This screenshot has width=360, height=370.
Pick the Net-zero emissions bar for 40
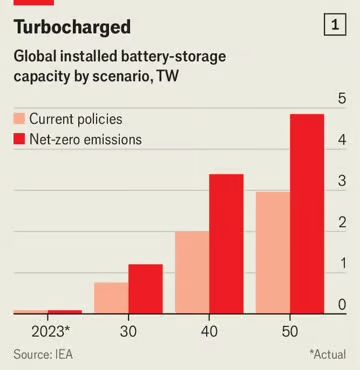[225, 244]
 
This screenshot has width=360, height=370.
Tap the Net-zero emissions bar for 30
[146, 289]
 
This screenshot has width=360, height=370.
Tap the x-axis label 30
[130, 330]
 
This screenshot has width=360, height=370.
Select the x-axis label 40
[209, 330]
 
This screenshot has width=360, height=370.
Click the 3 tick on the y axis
[342, 181]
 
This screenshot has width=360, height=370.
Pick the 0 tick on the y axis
[342, 304]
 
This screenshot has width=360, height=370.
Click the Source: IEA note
[43, 354]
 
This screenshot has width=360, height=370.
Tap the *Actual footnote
[327, 354]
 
